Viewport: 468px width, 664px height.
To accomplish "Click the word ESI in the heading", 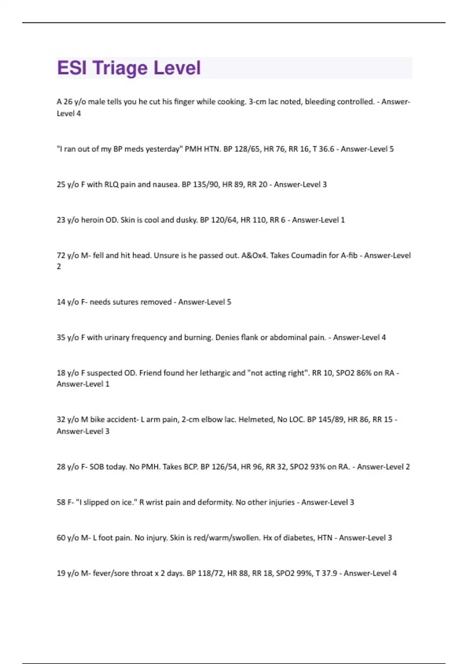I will click(x=72, y=68).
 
